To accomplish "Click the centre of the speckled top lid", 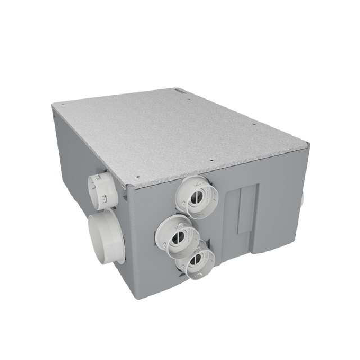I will click(x=180, y=132).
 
